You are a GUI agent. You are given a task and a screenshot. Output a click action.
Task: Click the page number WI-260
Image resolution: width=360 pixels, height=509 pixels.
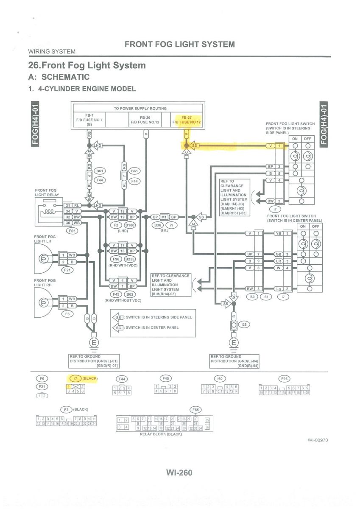(x=179, y=472)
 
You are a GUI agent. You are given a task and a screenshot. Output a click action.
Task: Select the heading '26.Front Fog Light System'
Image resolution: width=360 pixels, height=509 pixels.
(x=87, y=65)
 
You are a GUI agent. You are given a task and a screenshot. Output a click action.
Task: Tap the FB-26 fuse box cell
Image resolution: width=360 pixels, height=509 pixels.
(x=145, y=120)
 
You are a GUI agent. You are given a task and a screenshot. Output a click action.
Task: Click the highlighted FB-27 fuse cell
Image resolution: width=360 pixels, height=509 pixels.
(x=187, y=120)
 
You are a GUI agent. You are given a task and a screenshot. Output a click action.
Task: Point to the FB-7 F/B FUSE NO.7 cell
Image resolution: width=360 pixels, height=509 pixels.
(x=89, y=120)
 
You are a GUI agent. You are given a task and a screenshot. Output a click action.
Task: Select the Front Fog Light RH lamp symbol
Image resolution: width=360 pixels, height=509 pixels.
(x=43, y=302)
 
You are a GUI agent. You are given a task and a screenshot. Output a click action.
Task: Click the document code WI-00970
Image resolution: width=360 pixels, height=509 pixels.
(x=318, y=440)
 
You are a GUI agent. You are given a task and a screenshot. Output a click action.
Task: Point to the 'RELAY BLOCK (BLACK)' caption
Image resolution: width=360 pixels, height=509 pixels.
(x=161, y=434)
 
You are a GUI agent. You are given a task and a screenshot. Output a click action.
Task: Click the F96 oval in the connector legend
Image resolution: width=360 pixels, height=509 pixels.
(x=284, y=378)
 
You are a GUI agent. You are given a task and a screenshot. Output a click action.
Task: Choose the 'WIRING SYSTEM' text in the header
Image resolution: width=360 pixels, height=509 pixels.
(x=52, y=52)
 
